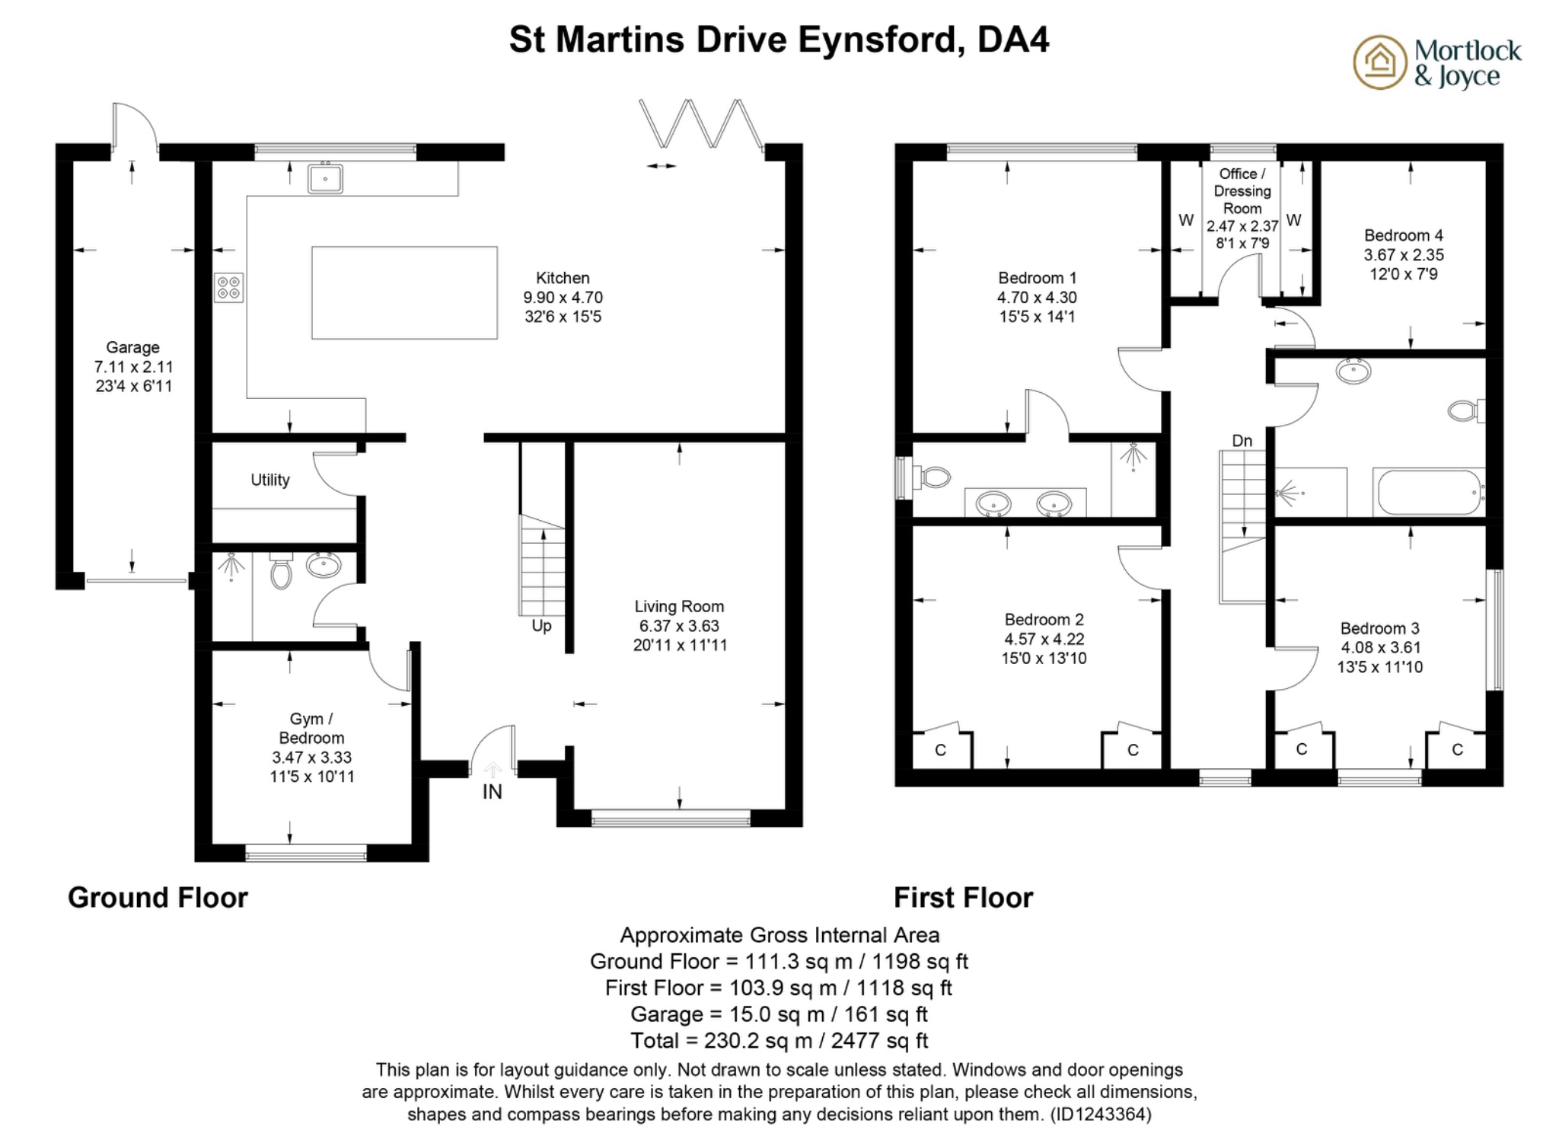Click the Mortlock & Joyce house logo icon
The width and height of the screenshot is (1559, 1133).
click(1379, 62)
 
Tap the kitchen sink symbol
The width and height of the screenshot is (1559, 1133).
click(325, 179)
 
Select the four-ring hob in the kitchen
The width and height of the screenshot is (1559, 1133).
click(228, 288)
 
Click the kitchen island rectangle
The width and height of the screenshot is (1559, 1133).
click(404, 292)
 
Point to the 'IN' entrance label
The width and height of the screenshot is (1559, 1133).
click(493, 792)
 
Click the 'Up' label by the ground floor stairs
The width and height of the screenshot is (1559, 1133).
click(541, 626)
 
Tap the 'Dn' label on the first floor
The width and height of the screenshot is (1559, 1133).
click(1242, 441)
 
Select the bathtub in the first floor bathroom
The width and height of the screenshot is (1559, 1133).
click(1428, 492)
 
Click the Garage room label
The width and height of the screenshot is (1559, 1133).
click(132, 347)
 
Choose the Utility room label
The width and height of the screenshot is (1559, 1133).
click(270, 480)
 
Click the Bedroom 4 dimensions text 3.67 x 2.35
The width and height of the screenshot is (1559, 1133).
click(1404, 255)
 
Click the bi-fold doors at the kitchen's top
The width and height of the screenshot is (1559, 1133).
click(700, 123)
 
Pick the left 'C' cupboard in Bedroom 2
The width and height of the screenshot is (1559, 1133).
click(940, 750)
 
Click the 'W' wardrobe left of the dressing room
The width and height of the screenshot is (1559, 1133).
click(1185, 221)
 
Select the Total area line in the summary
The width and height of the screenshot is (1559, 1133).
click(779, 1040)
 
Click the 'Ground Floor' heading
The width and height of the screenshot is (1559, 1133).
click(158, 898)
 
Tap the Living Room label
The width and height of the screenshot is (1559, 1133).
click(679, 607)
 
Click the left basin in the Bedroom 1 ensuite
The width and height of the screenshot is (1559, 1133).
click(993, 503)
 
